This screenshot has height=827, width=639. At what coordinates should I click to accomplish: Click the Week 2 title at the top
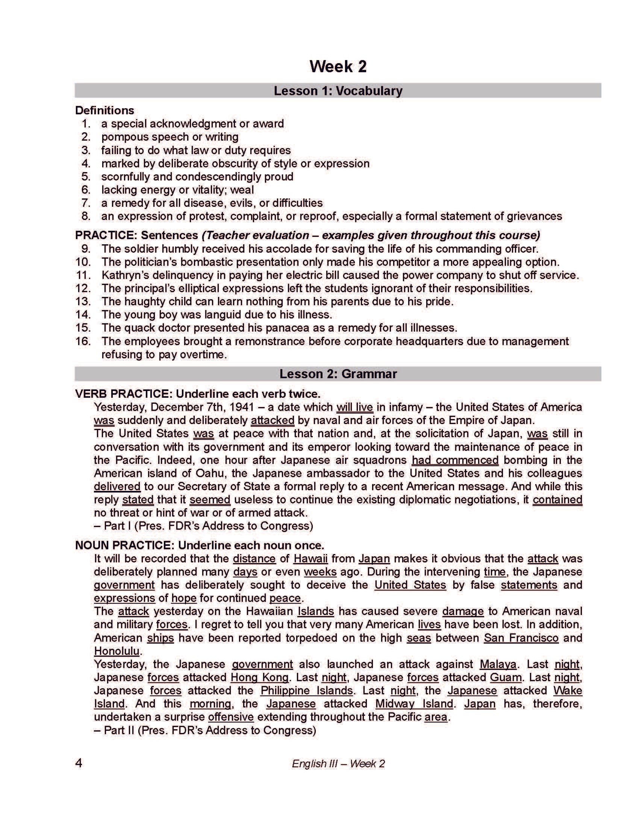click(x=338, y=66)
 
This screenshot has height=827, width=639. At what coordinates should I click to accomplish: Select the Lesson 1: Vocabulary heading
click(x=338, y=91)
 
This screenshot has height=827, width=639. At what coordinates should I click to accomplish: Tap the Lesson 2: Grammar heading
click(x=338, y=374)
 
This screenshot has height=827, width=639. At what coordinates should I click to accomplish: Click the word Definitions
click(x=104, y=110)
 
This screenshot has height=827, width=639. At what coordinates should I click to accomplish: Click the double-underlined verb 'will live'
click(x=355, y=407)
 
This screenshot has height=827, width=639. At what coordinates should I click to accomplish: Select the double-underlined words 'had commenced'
click(x=455, y=460)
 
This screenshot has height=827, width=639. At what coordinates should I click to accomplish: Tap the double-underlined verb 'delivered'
click(x=117, y=486)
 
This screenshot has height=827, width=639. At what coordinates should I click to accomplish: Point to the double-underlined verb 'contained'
click(x=557, y=500)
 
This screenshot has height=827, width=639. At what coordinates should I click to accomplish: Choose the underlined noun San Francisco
click(x=521, y=638)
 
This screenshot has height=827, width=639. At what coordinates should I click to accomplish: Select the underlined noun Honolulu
click(x=117, y=651)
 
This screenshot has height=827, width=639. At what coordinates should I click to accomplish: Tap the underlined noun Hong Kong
click(x=259, y=677)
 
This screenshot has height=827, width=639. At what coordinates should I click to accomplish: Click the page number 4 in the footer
click(x=79, y=763)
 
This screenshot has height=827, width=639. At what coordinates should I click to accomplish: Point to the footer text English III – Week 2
click(x=338, y=764)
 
